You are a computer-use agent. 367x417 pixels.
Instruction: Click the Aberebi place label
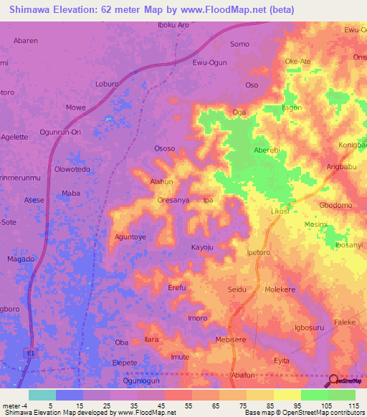coord(268,150)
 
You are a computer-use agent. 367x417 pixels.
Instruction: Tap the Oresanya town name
coord(173,201)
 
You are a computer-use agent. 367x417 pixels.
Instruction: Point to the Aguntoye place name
coord(130,236)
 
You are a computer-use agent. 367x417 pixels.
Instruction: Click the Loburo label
coord(107,84)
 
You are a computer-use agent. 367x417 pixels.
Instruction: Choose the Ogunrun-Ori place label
coord(60,133)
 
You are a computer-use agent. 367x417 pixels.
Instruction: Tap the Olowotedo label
coord(72,170)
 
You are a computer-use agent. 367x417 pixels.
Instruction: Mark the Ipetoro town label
coord(262,253)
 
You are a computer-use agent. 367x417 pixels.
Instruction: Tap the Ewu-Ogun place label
coord(209,63)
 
